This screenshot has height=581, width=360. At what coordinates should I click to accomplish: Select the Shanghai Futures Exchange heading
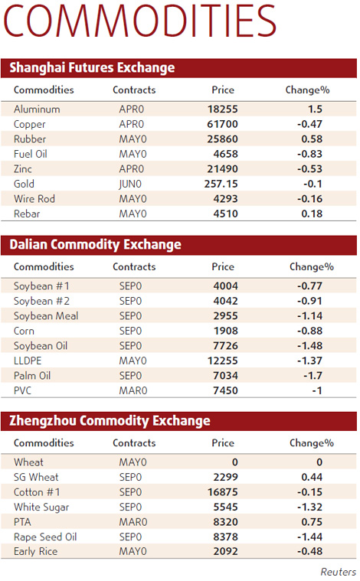(x=92, y=68)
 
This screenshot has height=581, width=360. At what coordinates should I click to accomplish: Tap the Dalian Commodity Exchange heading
(x=95, y=245)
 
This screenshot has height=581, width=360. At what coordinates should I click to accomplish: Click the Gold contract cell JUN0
(x=132, y=184)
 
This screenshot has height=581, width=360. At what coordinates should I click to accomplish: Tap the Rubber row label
(x=30, y=139)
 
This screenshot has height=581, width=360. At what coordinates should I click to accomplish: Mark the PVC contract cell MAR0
(x=133, y=390)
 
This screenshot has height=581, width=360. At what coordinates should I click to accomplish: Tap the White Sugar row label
(x=41, y=507)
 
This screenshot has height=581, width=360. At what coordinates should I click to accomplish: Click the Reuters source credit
(x=338, y=571)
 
